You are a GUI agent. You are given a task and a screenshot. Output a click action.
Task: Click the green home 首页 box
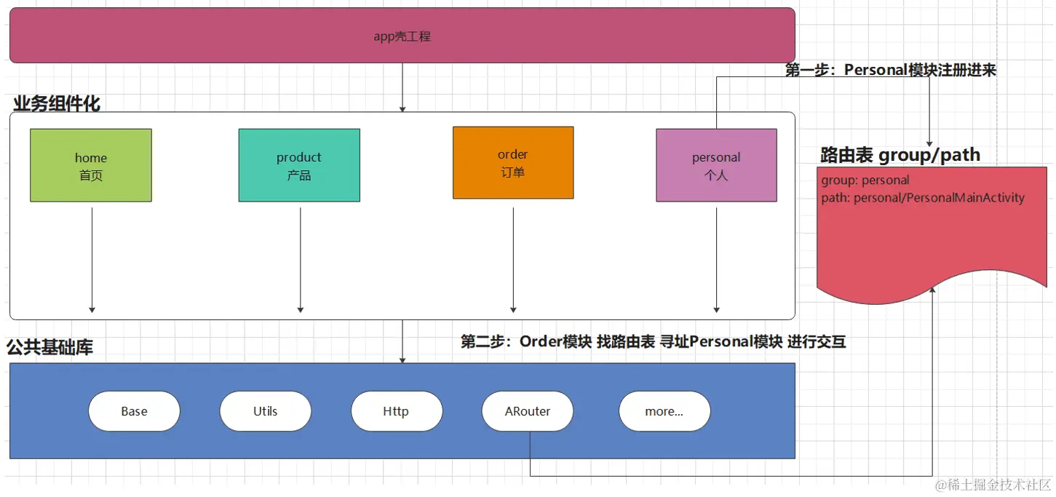tap(91, 165)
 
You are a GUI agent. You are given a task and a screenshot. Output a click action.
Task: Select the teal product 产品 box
tap(299, 165)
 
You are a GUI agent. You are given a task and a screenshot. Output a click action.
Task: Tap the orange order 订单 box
tap(513, 162)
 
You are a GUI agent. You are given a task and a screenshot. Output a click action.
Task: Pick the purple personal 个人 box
tap(716, 165)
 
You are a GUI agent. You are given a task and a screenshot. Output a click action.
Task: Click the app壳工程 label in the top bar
tap(402, 36)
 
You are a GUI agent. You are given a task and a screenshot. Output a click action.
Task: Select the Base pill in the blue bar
tap(134, 411)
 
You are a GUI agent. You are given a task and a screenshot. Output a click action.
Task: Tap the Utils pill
tap(265, 411)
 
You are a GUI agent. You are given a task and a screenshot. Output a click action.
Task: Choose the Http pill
tap(396, 411)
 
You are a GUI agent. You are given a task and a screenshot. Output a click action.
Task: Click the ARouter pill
tap(528, 411)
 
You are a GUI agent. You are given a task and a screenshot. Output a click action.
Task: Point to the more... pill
tap(664, 411)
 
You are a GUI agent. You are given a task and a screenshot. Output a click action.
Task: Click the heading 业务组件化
tap(57, 103)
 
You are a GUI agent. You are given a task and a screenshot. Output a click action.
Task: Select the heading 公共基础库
tap(50, 347)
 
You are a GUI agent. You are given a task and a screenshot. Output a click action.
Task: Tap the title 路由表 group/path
tap(900, 154)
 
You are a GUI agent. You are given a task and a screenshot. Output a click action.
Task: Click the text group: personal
tap(865, 180)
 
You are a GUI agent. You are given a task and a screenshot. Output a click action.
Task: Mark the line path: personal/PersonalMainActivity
tap(923, 198)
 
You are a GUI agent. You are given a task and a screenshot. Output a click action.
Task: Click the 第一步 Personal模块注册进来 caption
tap(890, 70)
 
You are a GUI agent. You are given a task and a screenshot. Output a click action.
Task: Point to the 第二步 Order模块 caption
tap(653, 341)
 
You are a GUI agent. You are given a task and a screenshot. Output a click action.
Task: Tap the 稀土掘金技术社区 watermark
tap(993, 485)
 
